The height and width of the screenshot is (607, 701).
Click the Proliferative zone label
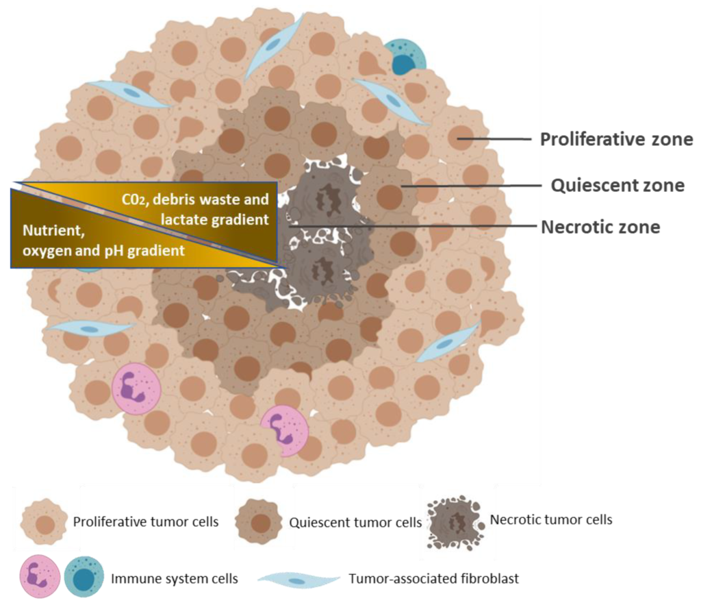[616, 140]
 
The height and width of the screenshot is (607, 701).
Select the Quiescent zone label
[617, 185]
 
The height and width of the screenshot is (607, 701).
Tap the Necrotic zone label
[600, 227]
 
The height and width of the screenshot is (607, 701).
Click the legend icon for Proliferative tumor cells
[44, 522]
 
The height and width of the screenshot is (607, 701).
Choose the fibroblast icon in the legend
[299, 579]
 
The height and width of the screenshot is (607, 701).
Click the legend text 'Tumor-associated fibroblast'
[433, 579]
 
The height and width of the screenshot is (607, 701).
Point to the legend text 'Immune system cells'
[174, 579]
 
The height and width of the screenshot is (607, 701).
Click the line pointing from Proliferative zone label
[496, 139]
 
